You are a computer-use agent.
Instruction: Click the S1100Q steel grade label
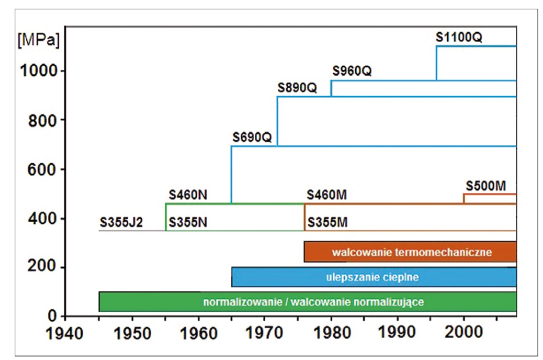click(x=459, y=37)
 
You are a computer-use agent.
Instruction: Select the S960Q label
click(x=352, y=71)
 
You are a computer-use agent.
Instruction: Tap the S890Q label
click(x=297, y=88)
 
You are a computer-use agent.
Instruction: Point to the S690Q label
click(x=252, y=137)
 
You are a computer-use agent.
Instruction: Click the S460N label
click(x=188, y=195)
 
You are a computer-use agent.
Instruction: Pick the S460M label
click(x=327, y=195)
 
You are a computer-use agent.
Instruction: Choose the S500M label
click(x=486, y=186)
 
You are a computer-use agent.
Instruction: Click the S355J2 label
click(x=121, y=222)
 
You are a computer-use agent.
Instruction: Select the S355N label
click(x=188, y=222)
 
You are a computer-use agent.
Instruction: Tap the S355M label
click(x=328, y=222)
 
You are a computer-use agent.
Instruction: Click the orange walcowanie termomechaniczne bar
click(x=410, y=252)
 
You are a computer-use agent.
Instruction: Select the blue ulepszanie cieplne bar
click(x=374, y=277)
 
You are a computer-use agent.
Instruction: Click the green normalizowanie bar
click(x=308, y=302)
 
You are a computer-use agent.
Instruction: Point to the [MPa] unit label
click(x=39, y=40)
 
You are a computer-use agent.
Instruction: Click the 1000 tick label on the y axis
click(x=38, y=71)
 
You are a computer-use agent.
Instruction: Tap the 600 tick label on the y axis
click(x=41, y=169)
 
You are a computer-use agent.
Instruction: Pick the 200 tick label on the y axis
click(x=41, y=266)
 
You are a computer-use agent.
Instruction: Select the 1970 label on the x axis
click(x=264, y=333)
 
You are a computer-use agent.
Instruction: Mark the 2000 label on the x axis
click(x=463, y=332)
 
